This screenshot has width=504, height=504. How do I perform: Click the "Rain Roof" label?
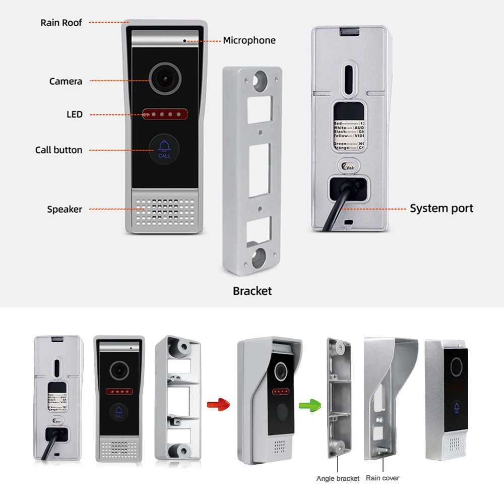(61, 23)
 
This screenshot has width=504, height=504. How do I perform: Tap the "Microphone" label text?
(249, 40)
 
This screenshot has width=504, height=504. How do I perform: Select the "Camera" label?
(66, 81)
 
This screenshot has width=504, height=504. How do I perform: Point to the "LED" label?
(74, 114)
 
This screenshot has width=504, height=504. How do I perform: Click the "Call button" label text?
(58, 150)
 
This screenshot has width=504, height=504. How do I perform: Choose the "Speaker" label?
(65, 209)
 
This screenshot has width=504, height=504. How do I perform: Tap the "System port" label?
(441, 208)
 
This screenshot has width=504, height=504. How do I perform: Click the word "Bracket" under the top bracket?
(252, 291)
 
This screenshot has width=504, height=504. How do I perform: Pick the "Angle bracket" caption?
(338, 478)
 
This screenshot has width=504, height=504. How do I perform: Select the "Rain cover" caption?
(382, 478)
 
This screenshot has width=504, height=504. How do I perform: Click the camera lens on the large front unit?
(163, 79)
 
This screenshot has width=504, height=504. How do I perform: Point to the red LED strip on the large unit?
(164, 114)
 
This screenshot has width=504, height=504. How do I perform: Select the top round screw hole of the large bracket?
(261, 80)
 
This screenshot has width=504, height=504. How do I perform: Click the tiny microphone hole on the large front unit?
(185, 39)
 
